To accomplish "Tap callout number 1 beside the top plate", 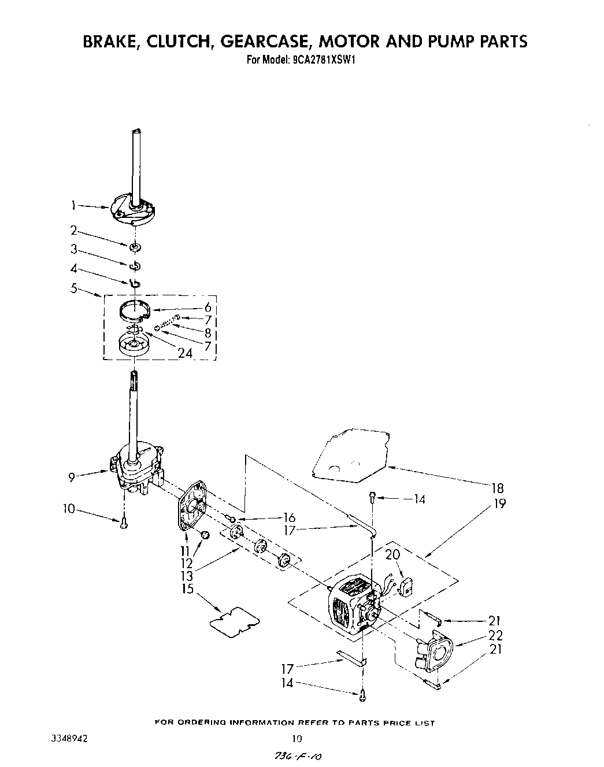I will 73,204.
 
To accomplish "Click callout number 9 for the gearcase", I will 72,477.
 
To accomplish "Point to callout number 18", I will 496,487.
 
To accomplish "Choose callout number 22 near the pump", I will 495,635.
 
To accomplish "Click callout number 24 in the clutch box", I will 185,353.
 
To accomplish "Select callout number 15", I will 187,589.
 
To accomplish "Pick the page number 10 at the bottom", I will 297,738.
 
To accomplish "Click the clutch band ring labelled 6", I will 135,310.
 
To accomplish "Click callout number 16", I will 289,517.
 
